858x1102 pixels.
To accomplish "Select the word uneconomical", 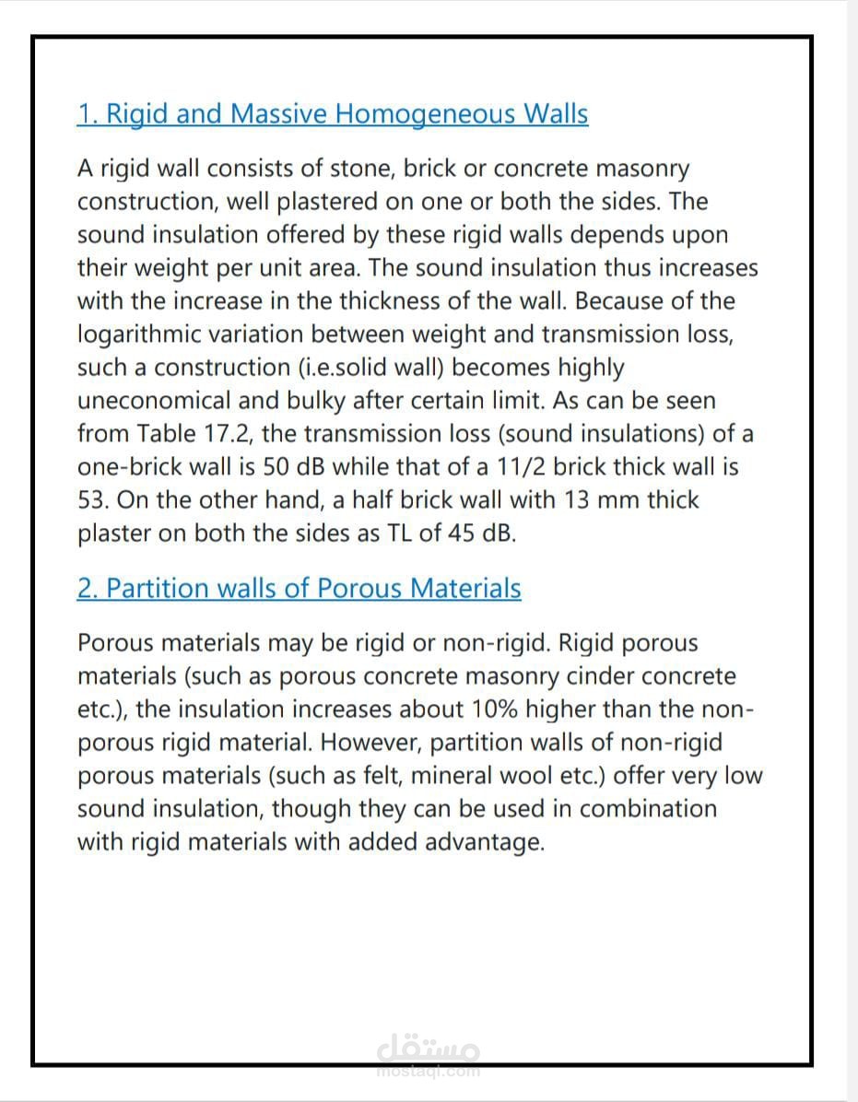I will pyautogui.click(x=151, y=401).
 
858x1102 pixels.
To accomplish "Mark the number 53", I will pyautogui.click(x=93, y=500).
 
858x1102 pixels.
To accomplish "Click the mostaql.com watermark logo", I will pyautogui.click(x=429, y=1056).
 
